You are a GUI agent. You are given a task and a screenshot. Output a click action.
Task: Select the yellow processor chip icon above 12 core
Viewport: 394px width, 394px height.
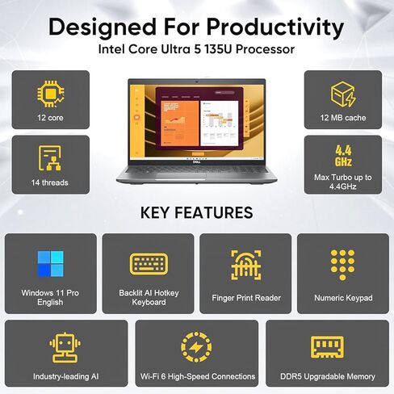(x=51, y=94)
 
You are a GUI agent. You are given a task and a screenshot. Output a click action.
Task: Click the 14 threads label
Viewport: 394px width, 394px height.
(x=50, y=182)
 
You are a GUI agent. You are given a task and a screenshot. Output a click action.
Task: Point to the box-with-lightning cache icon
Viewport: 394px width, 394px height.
(x=343, y=94)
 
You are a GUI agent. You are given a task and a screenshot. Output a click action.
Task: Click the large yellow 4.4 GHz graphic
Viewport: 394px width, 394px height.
(x=343, y=156)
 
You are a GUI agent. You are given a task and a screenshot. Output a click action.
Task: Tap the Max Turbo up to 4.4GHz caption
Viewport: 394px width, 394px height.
(x=343, y=182)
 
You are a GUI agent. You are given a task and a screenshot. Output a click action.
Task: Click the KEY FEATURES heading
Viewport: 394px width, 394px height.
(x=197, y=212)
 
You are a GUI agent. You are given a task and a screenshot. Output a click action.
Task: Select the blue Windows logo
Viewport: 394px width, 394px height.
(x=51, y=264)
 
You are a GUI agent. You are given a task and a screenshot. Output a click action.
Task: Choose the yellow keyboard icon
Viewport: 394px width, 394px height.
(x=149, y=264)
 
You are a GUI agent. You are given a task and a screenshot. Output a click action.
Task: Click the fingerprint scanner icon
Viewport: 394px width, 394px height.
(x=246, y=265)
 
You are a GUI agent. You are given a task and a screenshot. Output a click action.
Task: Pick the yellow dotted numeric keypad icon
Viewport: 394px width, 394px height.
(x=342, y=265)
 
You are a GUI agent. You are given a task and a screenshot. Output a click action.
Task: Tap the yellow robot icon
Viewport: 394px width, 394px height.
(x=65, y=347)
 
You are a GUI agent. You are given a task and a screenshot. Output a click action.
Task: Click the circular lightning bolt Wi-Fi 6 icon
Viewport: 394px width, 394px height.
(x=196, y=347)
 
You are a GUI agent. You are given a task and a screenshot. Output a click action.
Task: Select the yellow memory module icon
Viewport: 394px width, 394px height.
(x=327, y=347)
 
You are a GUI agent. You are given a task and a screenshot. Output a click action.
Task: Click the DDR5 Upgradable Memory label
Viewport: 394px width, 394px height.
(x=328, y=376)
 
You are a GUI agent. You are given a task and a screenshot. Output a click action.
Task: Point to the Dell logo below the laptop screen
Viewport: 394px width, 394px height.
(x=196, y=161)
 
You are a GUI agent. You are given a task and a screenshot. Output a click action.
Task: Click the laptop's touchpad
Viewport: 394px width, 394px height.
(x=181, y=176)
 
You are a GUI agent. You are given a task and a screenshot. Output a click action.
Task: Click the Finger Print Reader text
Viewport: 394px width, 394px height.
(x=246, y=298)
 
